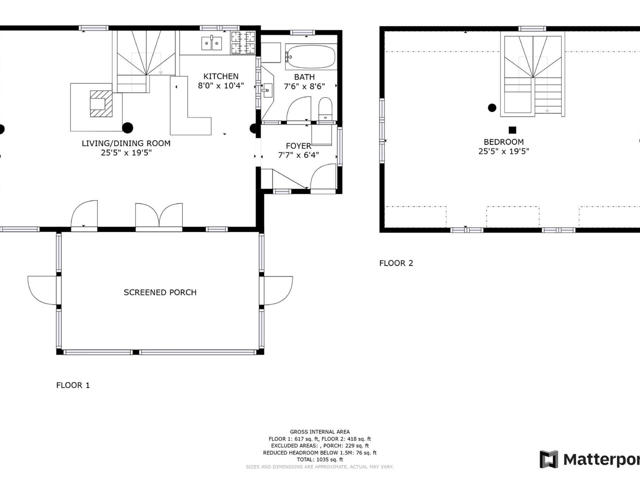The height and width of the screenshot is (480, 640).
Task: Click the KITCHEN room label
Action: (221, 76)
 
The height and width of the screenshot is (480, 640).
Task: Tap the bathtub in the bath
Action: (311, 57)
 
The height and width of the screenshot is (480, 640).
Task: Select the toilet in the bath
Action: (325, 109)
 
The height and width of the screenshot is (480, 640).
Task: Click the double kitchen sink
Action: (212, 43)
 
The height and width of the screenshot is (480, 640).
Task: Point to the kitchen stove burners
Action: (243, 43)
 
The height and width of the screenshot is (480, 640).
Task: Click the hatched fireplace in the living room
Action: (101, 104)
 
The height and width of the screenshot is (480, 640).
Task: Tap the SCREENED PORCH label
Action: (160, 292)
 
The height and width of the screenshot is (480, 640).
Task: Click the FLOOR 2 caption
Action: (396, 263)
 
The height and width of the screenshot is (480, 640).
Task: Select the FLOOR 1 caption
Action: (73, 385)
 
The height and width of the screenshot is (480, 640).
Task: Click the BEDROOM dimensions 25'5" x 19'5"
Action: (503, 152)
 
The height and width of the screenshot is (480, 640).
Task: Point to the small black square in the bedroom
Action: (512, 130)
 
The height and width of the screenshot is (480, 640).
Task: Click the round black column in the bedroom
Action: (492, 108)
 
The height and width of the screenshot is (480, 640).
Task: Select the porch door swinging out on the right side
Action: (278, 290)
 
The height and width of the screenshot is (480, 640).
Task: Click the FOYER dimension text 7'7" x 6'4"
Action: (298, 155)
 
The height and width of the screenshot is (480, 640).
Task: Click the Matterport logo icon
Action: (549, 459)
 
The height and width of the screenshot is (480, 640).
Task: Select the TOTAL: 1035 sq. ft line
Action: (320, 459)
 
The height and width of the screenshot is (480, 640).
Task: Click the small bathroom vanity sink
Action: (267, 90)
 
